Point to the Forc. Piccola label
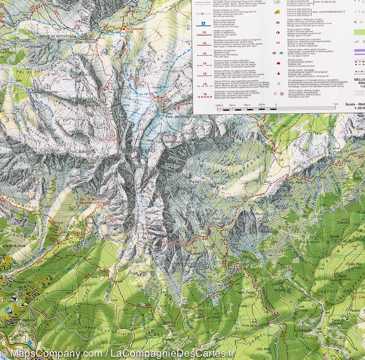(86, 43)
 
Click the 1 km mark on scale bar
(335, 105)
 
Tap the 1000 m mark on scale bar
(220, 105)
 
